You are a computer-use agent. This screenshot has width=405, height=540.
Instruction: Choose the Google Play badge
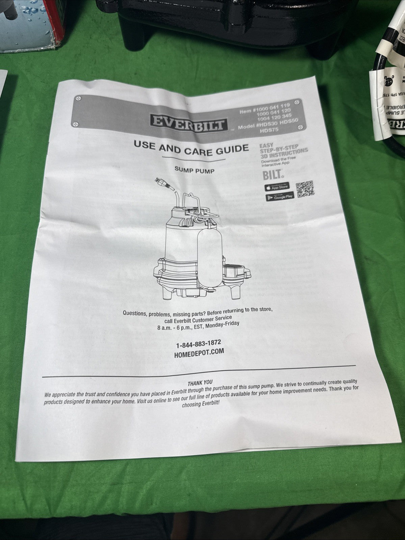tap(280, 197)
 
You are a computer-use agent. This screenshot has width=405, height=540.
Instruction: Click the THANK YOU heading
tap(200, 383)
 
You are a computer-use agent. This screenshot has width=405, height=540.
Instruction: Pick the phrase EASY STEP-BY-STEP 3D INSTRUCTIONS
tap(283, 148)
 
